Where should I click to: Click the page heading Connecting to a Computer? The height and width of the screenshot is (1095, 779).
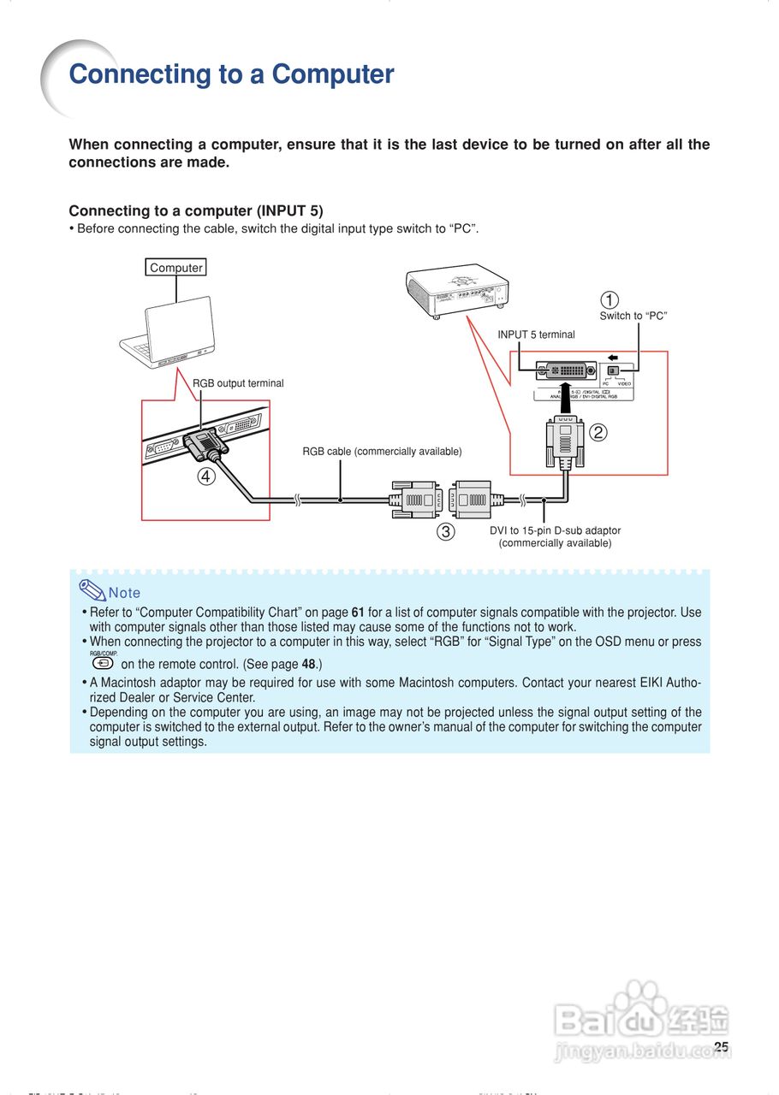click(x=231, y=74)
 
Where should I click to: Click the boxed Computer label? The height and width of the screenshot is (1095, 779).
click(x=176, y=268)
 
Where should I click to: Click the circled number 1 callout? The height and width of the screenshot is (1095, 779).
click(x=609, y=300)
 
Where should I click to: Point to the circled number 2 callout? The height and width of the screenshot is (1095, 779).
click(x=598, y=433)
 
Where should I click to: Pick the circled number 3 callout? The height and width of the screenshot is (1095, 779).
click(x=445, y=531)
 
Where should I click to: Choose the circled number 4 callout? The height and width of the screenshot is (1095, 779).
click(x=205, y=477)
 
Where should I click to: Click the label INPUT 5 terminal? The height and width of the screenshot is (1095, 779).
click(x=537, y=334)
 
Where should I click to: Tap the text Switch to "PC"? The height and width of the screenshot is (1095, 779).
click(x=633, y=316)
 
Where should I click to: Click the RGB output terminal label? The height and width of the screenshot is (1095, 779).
click(x=238, y=383)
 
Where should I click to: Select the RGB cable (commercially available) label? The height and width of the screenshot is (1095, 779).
click(x=382, y=451)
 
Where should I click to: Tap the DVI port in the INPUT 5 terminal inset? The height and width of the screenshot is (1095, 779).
click(x=565, y=371)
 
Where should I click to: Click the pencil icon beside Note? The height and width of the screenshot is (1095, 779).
click(x=92, y=589)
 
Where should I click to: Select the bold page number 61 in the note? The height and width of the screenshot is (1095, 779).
click(x=358, y=613)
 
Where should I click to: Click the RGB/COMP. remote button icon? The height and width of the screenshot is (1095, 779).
click(x=103, y=663)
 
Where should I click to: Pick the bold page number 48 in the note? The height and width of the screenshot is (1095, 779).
click(x=309, y=665)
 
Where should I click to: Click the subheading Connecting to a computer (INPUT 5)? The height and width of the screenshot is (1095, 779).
click(x=196, y=210)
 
